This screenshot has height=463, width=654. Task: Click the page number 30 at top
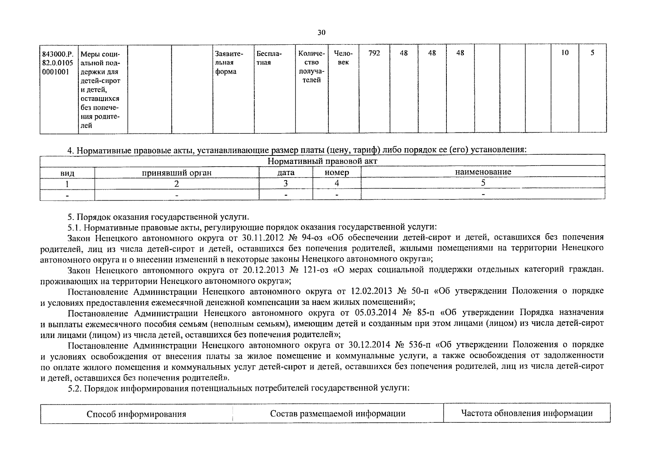[321, 32]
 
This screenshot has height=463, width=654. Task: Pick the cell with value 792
[374, 53]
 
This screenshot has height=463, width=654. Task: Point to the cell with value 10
[564, 53]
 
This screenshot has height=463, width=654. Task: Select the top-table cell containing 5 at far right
[592, 53]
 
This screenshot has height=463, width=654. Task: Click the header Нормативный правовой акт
[322, 161]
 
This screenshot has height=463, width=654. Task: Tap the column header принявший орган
[177, 172]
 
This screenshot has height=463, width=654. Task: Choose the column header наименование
[483, 172]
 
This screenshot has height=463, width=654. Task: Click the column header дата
[286, 172]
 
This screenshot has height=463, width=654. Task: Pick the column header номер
[336, 172]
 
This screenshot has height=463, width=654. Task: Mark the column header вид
[68, 173]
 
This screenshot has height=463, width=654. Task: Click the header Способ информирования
[136, 414]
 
